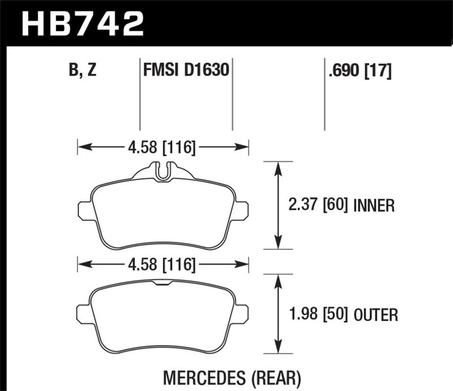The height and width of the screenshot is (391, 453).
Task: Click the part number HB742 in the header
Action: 83,24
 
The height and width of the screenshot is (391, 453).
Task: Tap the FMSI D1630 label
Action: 186,71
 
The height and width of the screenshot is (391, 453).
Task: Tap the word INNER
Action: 373,205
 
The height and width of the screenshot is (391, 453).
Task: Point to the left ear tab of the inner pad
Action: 84,210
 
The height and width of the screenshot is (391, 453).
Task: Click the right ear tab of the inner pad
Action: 242,210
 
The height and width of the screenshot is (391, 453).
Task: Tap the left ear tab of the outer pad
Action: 84,313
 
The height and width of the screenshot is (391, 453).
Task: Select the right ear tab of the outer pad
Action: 242,313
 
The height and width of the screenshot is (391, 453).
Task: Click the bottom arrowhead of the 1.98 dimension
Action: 278,349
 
